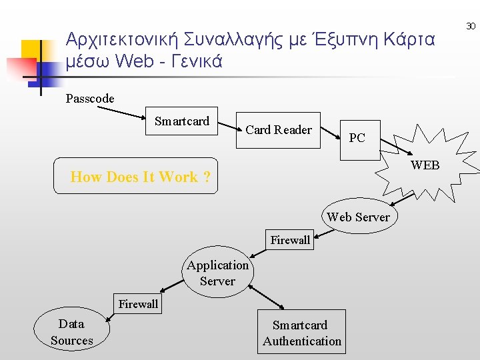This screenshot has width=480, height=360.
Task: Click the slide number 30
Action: click(x=471, y=26)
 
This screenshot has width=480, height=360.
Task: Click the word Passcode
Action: click(x=90, y=99)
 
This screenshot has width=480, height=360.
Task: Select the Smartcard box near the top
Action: click(x=182, y=121)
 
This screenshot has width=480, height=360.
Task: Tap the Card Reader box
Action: click(x=279, y=130)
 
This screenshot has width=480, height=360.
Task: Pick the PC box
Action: click(x=358, y=139)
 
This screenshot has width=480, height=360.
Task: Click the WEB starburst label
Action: click(x=425, y=165)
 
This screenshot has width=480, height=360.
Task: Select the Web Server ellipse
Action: click(x=358, y=217)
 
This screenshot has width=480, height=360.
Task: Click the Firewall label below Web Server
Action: click(x=290, y=240)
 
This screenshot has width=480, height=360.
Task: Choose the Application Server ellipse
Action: click(x=217, y=273)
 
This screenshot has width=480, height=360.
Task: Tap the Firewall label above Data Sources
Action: click(x=138, y=304)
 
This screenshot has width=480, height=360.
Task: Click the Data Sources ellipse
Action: click(x=72, y=332)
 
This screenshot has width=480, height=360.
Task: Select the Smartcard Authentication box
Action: click(x=301, y=333)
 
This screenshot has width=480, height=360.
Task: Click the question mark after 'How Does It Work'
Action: click(x=207, y=177)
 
